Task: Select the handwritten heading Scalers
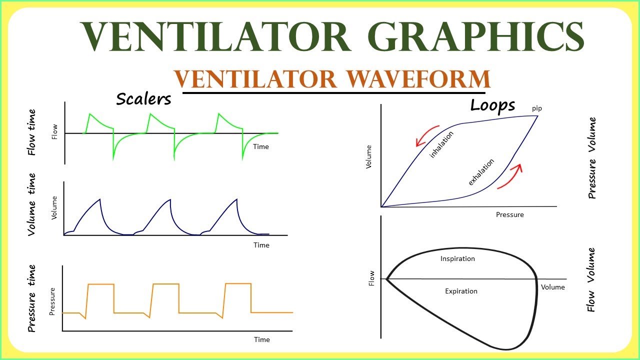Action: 143,99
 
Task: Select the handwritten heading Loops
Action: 492,105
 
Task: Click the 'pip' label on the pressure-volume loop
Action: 536,108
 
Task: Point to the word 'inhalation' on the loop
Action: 442,144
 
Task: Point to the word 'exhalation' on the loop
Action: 481,171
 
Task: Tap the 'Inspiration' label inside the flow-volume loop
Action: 457,258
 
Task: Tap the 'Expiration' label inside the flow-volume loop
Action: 461,291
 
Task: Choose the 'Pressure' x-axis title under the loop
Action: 509,214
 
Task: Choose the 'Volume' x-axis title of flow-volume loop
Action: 552,287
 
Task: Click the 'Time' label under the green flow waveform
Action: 261,146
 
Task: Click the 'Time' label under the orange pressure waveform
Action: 261,339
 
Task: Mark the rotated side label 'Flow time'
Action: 31,132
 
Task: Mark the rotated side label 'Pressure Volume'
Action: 592,158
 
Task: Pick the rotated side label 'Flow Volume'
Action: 591,279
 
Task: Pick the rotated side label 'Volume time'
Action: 31,204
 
